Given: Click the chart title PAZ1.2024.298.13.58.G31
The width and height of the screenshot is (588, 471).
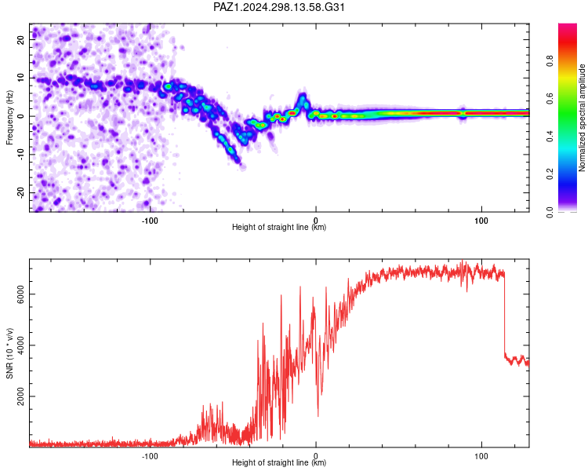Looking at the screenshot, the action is click(278, 7).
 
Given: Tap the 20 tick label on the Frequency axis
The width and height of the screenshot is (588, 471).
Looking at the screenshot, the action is click(21, 39).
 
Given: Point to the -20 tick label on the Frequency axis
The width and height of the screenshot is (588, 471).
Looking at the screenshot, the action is click(21, 193).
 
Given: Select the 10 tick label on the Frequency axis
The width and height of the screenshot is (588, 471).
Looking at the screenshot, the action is click(21, 78).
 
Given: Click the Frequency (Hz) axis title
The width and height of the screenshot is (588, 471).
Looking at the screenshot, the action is click(9, 118).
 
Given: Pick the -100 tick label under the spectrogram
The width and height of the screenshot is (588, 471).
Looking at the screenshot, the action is click(150, 221).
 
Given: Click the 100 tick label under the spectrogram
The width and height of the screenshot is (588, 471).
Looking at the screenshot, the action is click(481, 221).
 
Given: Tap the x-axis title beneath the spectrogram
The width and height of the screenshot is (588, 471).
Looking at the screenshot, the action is click(279, 227).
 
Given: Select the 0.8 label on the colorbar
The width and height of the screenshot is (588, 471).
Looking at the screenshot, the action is click(550, 61).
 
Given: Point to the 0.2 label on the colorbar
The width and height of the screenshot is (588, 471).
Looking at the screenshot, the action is click(550, 174).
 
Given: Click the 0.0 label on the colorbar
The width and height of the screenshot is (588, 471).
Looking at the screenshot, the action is click(550, 212).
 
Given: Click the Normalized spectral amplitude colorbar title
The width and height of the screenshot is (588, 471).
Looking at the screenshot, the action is click(582, 118).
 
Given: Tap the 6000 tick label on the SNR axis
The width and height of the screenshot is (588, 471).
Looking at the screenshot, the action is click(21, 294).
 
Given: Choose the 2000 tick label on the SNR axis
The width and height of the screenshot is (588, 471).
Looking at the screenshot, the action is click(21, 396).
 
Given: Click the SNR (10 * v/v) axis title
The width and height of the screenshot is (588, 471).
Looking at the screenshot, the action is click(9, 353).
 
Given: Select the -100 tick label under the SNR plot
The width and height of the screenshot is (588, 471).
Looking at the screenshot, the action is click(150, 456).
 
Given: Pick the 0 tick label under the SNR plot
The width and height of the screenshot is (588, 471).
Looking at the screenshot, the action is click(316, 456).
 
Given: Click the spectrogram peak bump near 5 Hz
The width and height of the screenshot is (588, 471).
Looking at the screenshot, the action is click(302, 100).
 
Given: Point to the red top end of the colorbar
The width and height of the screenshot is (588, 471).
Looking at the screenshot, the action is click(568, 26).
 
